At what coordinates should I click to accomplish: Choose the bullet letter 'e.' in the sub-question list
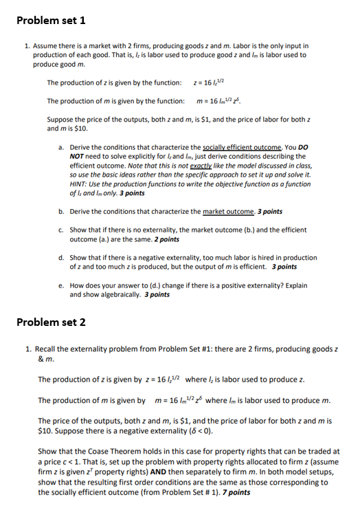pyautogui.click(x=62, y=285)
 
